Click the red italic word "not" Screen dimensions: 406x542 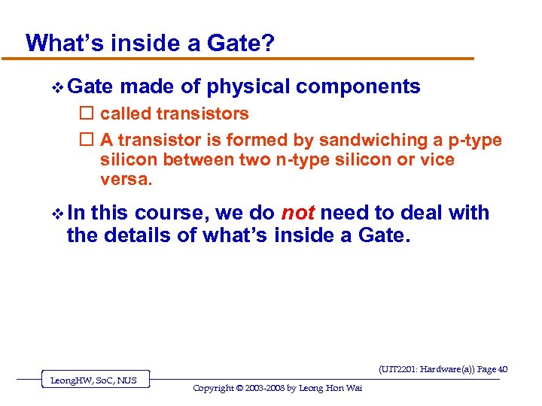[x=298, y=214]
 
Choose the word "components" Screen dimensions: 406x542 [x=358, y=86]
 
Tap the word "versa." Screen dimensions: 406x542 [x=126, y=179]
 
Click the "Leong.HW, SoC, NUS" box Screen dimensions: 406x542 [x=94, y=380]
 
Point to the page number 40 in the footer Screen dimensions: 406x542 [x=503, y=369]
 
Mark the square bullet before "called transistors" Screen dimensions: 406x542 [x=85, y=114]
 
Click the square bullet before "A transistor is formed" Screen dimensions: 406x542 [x=85, y=141]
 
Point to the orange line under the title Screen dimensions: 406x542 [x=248, y=59]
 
